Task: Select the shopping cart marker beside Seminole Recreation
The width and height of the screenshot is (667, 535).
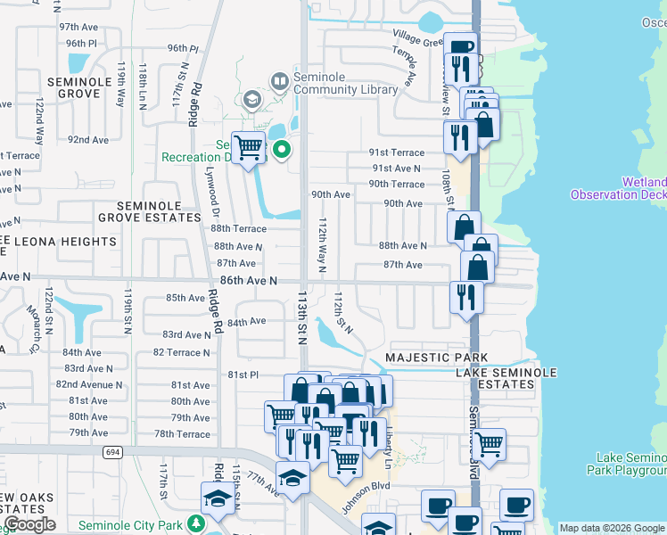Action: (x=248, y=147)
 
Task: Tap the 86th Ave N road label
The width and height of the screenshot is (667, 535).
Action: (x=249, y=280)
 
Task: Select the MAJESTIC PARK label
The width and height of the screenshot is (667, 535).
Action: (x=424, y=358)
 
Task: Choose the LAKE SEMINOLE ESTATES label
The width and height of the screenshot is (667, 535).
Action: (x=506, y=378)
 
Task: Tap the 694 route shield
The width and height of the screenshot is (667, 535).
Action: (x=111, y=452)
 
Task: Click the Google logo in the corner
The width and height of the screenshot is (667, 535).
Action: (x=29, y=524)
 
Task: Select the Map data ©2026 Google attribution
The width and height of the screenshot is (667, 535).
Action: (x=612, y=528)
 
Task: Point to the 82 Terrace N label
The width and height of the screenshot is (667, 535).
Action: (x=182, y=352)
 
